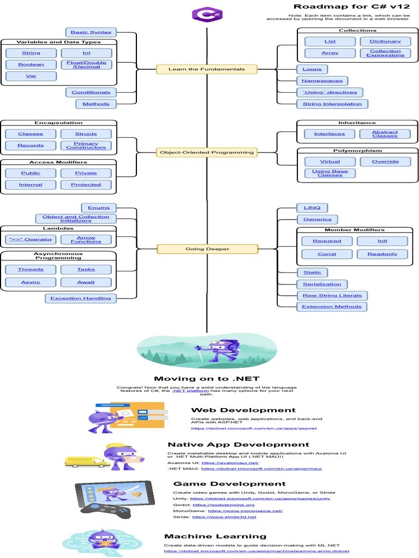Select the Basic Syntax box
(x=91, y=32)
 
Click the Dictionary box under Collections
(x=385, y=41)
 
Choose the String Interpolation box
(x=332, y=104)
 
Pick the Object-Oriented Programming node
(x=207, y=153)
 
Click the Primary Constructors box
(x=86, y=145)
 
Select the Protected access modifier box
(x=86, y=185)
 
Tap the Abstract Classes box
(x=385, y=134)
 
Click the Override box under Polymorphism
(x=385, y=162)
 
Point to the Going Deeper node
(x=207, y=249)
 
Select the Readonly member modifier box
(x=382, y=254)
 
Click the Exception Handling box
(x=81, y=298)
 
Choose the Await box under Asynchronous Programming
(x=86, y=282)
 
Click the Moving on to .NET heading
(x=207, y=379)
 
